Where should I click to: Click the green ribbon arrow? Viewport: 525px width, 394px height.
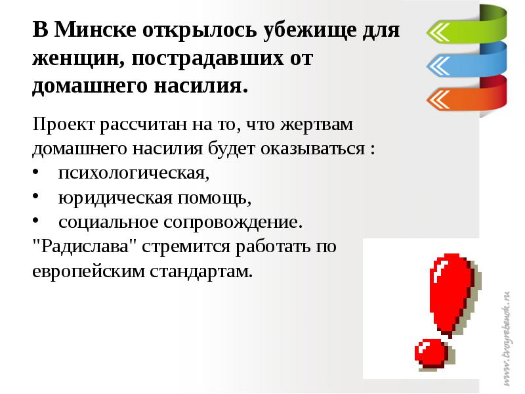tap(459, 30)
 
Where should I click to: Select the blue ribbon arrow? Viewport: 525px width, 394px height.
tap(459, 64)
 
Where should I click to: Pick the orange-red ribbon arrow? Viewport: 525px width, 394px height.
tap(459, 98)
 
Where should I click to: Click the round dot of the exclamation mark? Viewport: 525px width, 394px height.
tap(430, 353)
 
